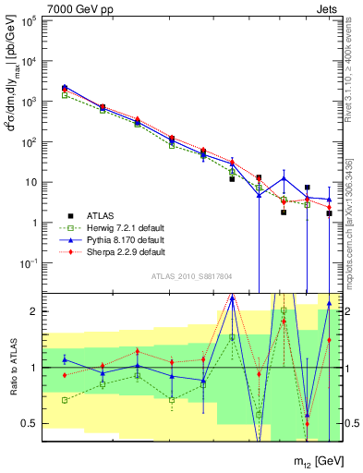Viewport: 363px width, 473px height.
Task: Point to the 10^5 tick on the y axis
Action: [30, 20]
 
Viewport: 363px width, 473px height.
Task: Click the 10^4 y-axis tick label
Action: [30, 61]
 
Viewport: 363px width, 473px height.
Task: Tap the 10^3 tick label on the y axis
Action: [30, 102]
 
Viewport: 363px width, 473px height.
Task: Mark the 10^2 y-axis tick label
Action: [30, 142]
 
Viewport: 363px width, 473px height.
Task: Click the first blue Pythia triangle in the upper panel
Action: [65, 87]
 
